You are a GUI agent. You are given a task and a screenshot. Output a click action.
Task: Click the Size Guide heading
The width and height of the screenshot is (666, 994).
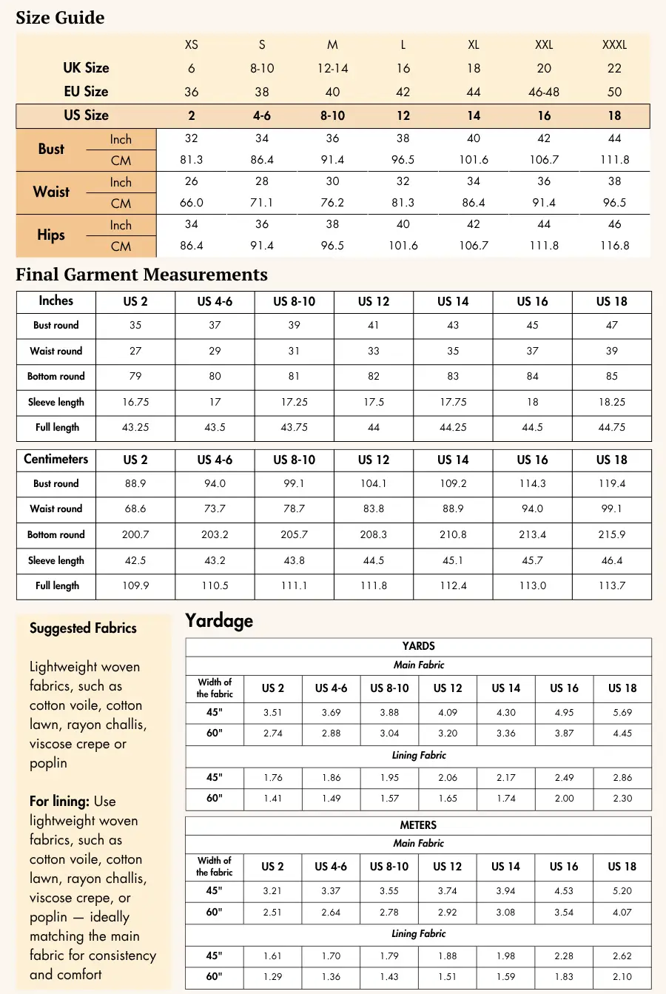pyautogui.click(x=60, y=18)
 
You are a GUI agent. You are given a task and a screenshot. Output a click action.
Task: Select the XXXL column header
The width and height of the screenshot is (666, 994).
pyautogui.click(x=614, y=44)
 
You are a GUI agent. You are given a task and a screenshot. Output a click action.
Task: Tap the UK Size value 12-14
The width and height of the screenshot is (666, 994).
pyautogui.click(x=332, y=68)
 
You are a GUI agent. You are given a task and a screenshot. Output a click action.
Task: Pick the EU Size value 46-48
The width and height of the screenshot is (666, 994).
pyautogui.click(x=544, y=92)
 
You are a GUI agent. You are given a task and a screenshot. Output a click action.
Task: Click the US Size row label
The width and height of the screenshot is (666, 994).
pyautogui.click(x=86, y=115)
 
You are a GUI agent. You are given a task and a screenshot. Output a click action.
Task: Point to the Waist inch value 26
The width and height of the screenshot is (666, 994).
pyautogui.click(x=191, y=181)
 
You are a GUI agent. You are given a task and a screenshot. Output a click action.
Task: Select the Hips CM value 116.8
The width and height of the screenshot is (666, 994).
pyautogui.click(x=614, y=246)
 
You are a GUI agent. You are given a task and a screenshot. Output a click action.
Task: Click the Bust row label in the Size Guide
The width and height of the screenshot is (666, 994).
pyautogui.click(x=51, y=149)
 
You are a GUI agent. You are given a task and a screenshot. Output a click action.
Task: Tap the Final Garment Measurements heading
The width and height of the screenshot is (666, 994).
pyautogui.click(x=141, y=275)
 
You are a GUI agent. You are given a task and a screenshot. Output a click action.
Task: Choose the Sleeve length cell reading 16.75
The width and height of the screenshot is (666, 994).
pyautogui.click(x=135, y=402)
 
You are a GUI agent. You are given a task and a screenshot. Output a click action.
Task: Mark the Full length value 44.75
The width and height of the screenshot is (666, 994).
pyautogui.click(x=612, y=427)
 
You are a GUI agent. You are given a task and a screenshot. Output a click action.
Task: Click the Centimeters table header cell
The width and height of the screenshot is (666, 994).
pyautogui.click(x=56, y=459)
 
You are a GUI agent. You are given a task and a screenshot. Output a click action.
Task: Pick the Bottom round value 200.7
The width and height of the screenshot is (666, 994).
pyautogui.click(x=135, y=534)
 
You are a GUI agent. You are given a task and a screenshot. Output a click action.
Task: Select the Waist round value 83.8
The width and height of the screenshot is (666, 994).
pyautogui.click(x=374, y=508)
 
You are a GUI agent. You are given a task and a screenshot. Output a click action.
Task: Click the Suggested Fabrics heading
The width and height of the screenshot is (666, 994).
pyautogui.click(x=83, y=628)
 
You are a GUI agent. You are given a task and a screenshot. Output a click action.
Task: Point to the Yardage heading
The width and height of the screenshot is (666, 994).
pyautogui.click(x=219, y=620)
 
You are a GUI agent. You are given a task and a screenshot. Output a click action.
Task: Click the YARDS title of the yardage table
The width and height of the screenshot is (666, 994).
pyautogui.click(x=418, y=646)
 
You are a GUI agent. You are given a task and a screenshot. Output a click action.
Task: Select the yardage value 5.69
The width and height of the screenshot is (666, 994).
pyautogui.click(x=622, y=713)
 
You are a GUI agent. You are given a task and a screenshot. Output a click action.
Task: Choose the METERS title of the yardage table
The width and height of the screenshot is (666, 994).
pyautogui.click(x=418, y=825)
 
